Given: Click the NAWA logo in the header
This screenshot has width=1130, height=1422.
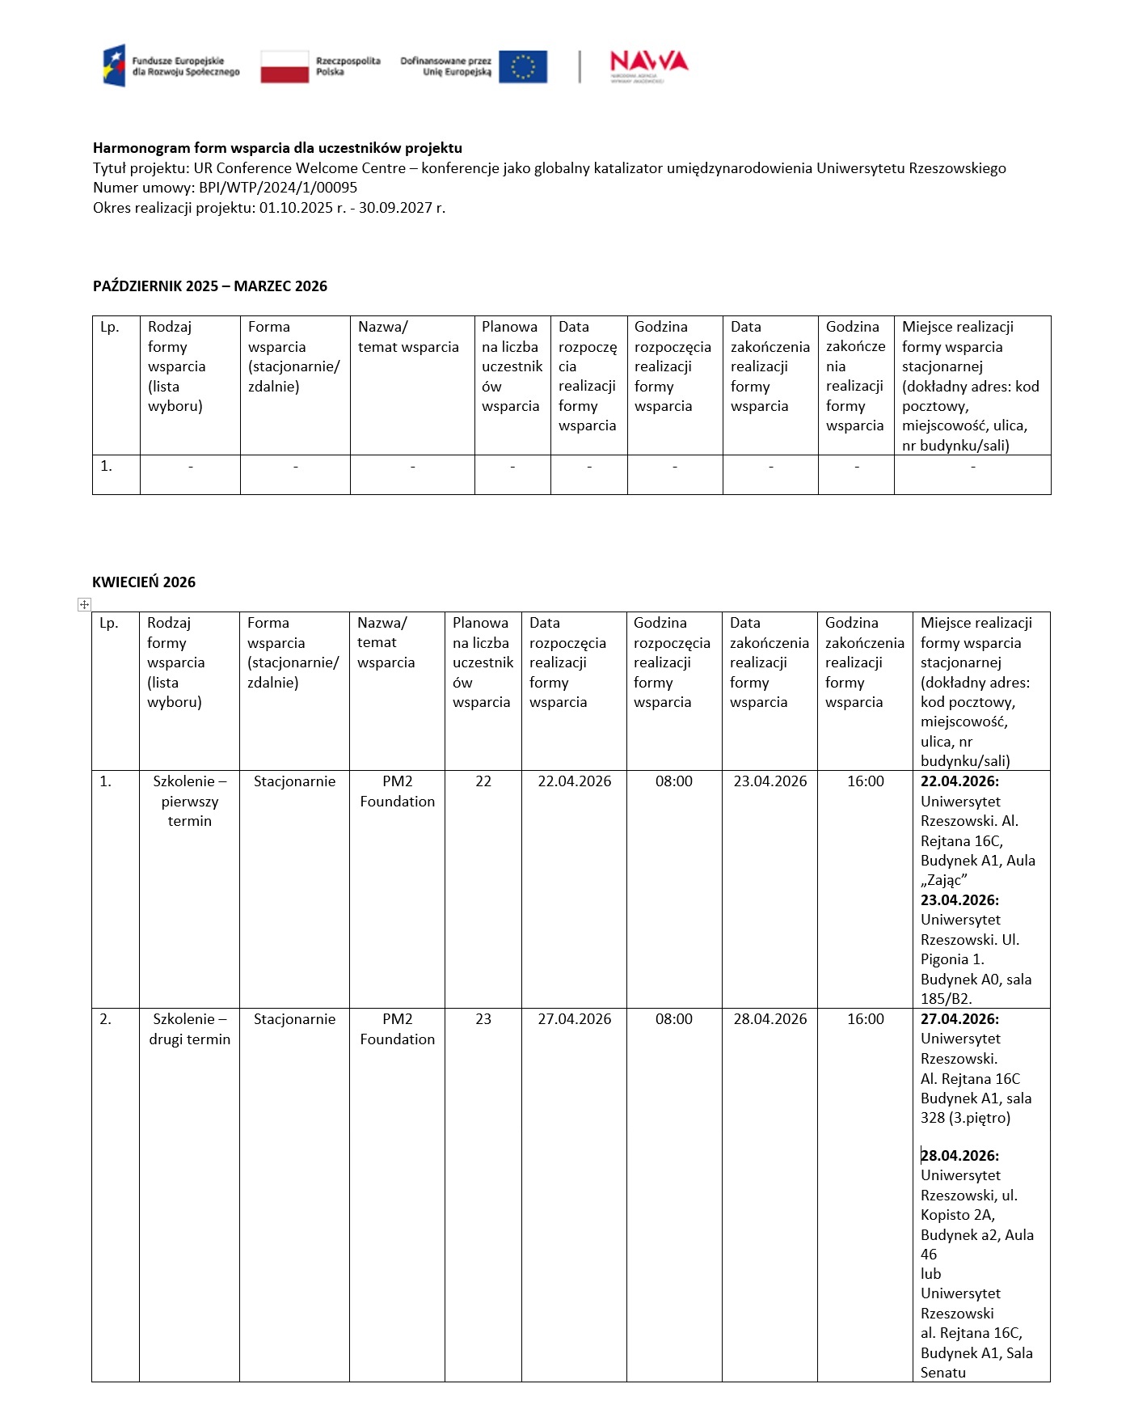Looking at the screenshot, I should [648, 65].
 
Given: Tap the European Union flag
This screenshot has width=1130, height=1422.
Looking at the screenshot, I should [523, 66].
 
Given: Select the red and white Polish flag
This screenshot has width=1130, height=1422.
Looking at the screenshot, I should [285, 66].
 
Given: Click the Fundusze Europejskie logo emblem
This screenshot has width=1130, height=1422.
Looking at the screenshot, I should [114, 66].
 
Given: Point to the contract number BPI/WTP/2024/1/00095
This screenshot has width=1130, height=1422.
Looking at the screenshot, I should [278, 188].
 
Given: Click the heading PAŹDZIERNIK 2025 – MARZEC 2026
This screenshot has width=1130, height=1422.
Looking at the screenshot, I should [210, 286].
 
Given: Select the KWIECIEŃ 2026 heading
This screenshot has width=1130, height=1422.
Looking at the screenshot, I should [144, 582].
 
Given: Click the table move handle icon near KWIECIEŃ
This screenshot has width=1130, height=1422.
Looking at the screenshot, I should [84, 604].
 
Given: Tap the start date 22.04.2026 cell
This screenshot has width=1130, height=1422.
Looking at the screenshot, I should [574, 781].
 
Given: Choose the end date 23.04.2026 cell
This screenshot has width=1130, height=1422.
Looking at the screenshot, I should [769, 781].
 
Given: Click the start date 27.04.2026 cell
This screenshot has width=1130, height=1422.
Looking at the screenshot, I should [574, 1019].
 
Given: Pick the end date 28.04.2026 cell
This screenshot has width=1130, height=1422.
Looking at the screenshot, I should [769, 1019].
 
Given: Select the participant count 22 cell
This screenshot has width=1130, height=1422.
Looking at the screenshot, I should [483, 781].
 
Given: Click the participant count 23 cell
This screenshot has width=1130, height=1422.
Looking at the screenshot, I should [483, 1019].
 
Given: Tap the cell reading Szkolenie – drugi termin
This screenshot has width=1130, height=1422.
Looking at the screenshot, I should [190, 1029].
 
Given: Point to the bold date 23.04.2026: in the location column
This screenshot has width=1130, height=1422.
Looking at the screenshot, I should [959, 900].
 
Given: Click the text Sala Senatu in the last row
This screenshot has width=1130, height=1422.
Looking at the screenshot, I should [976, 1363].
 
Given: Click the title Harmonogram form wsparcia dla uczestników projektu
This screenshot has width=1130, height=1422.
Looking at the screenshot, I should [277, 148].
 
